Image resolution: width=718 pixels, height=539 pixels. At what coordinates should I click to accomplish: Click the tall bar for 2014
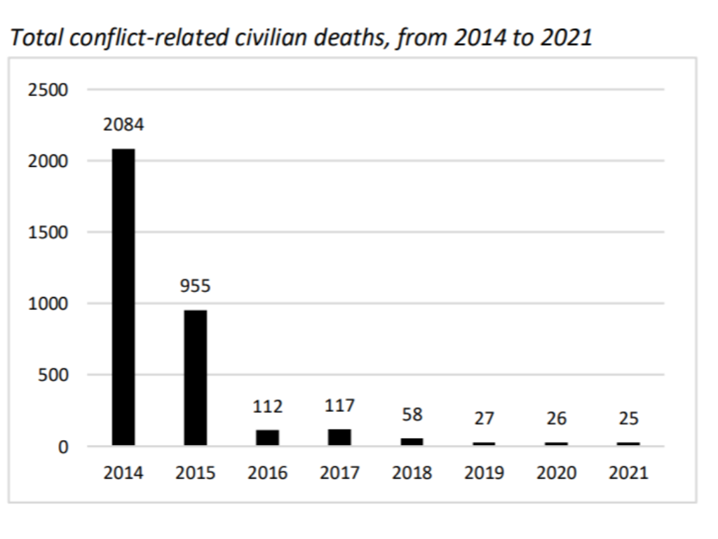point(123,297)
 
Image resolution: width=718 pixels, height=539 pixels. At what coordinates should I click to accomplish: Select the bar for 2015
point(196,378)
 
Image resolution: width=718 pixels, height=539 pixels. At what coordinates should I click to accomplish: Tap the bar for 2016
point(267,437)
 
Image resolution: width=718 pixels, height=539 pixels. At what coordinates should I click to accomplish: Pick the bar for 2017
point(339,437)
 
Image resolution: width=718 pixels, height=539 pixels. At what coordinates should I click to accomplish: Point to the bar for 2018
point(412,441)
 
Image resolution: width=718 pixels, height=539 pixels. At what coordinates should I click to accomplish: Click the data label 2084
point(123,126)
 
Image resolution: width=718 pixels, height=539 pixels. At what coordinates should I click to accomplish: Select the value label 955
point(195,286)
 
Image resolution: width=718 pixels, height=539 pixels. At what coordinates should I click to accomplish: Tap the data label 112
point(267,406)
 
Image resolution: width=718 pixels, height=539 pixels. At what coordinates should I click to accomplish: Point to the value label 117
point(339,406)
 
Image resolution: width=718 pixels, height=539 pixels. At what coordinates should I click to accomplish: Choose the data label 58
point(412,415)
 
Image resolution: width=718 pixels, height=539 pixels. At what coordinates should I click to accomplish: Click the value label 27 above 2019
point(484,419)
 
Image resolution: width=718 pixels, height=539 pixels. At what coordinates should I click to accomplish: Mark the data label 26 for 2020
point(556,419)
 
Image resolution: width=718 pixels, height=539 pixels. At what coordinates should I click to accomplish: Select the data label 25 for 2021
point(628,419)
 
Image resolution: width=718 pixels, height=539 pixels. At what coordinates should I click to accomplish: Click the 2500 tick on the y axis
point(48,90)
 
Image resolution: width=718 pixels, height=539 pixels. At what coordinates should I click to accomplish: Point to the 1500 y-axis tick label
point(48,232)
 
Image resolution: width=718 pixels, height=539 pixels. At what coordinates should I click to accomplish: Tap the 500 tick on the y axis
point(53,375)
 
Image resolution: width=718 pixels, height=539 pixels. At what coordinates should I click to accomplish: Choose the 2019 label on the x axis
point(484,473)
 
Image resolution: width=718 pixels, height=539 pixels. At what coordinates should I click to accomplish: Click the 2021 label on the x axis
point(628,473)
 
